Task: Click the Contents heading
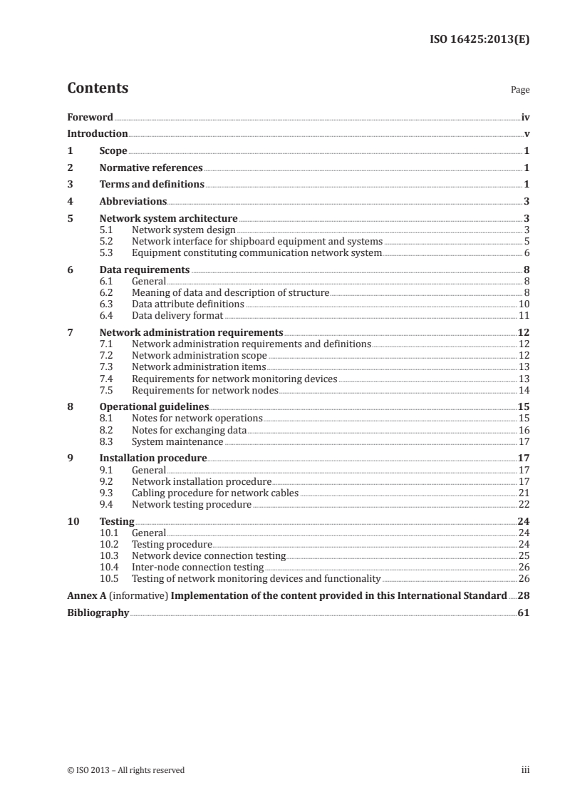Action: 98,88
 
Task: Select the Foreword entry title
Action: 90,117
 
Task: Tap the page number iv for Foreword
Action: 525,117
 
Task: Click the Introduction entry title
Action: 98,134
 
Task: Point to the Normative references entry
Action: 151,168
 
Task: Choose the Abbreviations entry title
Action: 133,202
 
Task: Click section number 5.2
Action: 106,242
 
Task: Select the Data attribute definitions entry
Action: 188,304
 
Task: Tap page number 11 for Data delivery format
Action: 524,315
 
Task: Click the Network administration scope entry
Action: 199,355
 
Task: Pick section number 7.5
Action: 106,389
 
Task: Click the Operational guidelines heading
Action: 154,406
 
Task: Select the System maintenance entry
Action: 177,441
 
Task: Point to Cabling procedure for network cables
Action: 215,492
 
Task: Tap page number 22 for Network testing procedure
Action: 524,503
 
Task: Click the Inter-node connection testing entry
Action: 198,567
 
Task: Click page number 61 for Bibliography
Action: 524,612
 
